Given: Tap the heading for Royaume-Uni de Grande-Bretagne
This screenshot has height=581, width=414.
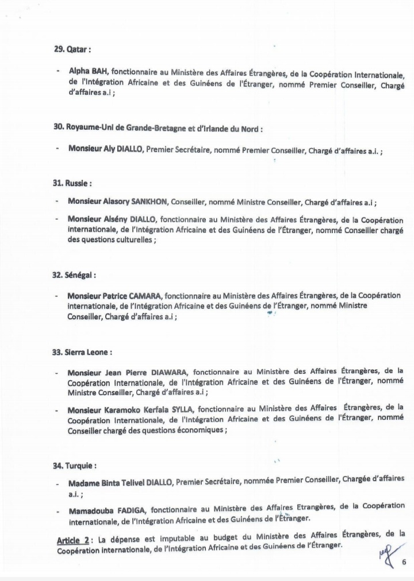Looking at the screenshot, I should (157, 129).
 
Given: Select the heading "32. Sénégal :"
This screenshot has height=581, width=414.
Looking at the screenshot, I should (75, 275).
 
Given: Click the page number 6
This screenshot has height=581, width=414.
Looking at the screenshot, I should (404, 562).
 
